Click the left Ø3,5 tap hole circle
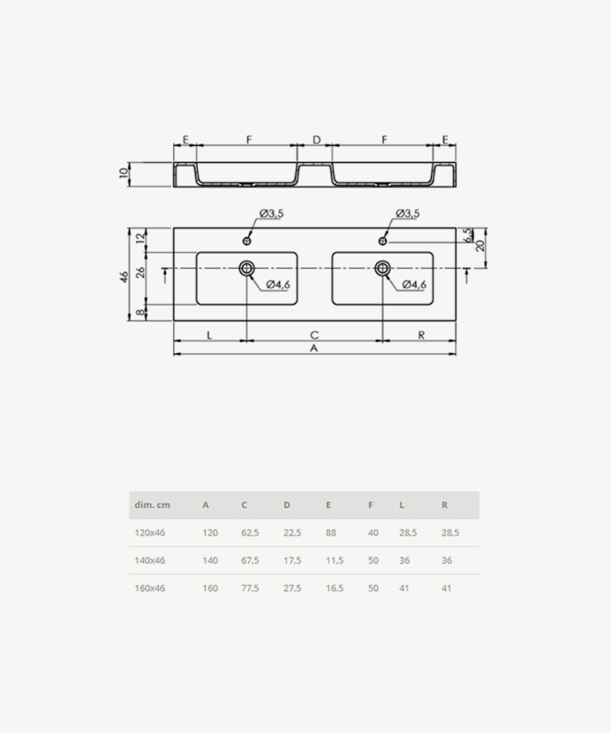coord(247,241)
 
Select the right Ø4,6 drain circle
coord(383,268)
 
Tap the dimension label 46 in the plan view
coord(124,277)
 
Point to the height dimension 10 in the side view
coord(124,173)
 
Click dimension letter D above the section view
coord(316,140)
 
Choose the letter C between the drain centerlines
coord(314,335)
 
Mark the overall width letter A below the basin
coord(314,349)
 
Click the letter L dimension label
coord(209,335)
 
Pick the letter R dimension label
coord(421,335)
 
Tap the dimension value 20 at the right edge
coord(479,245)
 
